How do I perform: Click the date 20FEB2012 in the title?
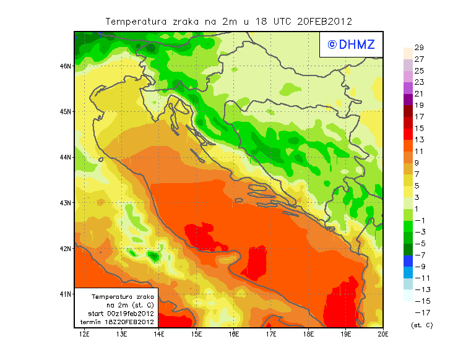point(324,21)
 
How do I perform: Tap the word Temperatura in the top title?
point(136,21)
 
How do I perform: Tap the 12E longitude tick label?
point(84,335)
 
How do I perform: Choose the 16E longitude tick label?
point(234,335)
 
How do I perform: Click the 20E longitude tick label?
point(383,335)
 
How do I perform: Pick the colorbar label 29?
point(418,48)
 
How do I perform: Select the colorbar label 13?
point(418,140)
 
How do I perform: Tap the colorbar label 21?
point(418,94)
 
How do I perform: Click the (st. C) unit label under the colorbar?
point(421,325)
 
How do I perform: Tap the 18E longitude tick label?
point(308,335)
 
